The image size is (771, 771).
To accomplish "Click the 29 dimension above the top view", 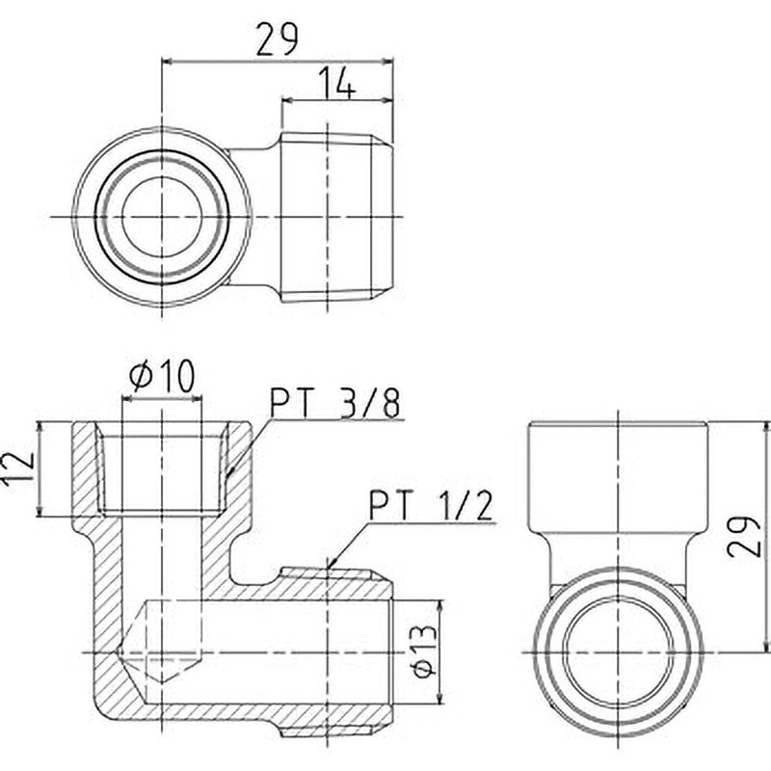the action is (x=277, y=40).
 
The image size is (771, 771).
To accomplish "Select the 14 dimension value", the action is (x=336, y=83).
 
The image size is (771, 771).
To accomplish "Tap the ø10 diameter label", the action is (x=163, y=375).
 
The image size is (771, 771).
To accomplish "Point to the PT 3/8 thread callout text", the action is (x=335, y=404).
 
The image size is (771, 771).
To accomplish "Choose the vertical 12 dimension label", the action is (x=18, y=468).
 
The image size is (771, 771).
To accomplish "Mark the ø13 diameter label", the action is (x=423, y=651).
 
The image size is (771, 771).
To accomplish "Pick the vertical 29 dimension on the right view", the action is (x=744, y=537).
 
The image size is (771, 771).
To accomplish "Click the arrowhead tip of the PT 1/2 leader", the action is (x=328, y=569).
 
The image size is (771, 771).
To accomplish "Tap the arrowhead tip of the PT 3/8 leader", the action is (x=226, y=478).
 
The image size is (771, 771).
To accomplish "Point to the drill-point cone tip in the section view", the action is (x=162, y=682).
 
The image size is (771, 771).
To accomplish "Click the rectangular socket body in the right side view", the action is (x=618, y=476).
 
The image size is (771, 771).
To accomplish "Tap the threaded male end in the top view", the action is (x=336, y=217).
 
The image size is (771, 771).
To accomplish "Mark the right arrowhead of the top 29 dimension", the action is (x=393, y=62).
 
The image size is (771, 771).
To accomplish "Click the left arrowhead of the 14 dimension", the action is (x=281, y=101).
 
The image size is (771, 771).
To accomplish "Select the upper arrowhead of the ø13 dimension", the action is (x=440, y=600).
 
